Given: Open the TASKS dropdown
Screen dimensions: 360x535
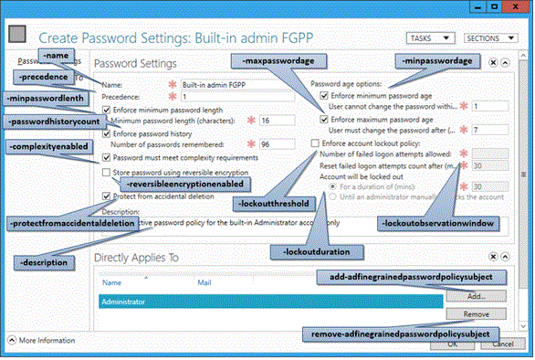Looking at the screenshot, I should tap(430, 39).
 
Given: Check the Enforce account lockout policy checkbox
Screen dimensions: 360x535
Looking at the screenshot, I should tap(315, 143).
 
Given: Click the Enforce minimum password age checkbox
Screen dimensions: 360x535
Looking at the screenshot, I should tap(326, 95).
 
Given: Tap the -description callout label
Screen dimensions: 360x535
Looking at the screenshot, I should tap(46, 262).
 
